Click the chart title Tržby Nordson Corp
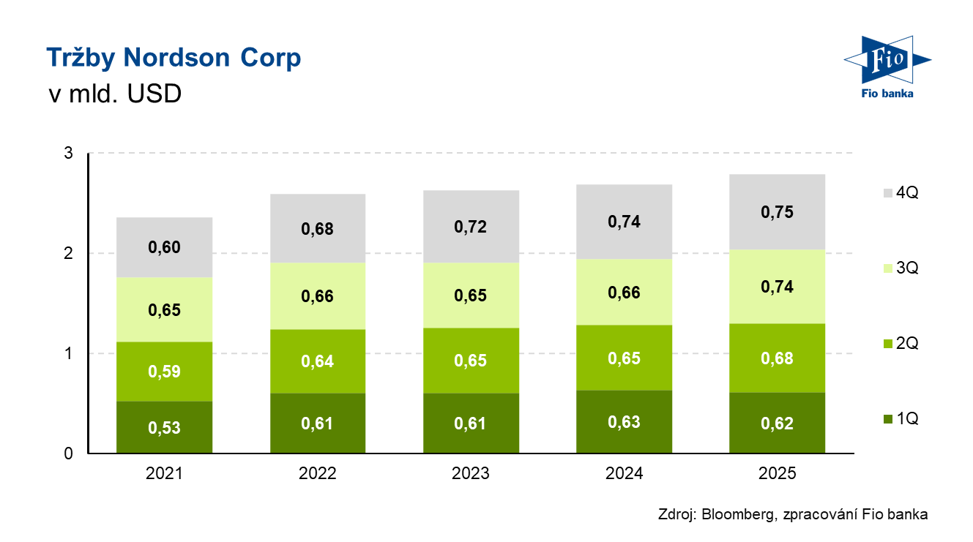[174, 58]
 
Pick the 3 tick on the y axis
[68, 154]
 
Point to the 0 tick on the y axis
[68, 453]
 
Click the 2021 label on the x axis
[164, 474]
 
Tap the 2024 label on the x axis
[625, 474]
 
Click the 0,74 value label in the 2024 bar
[625, 222]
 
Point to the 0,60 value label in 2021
[164, 248]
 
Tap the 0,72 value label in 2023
[471, 227]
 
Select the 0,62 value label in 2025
[778, 424]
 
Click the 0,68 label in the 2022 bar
[318, 229]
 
